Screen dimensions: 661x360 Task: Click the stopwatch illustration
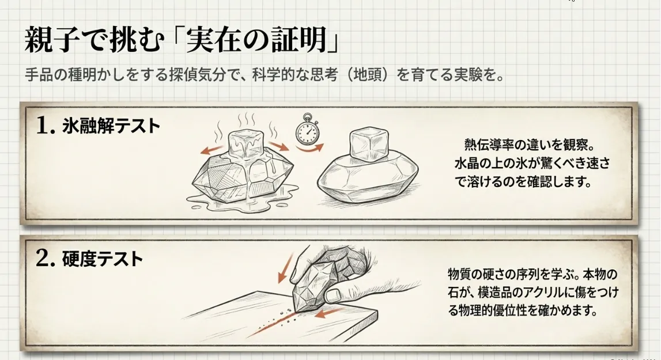307,128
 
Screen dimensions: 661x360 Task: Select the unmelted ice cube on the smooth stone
368,145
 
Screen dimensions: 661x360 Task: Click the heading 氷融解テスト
111,126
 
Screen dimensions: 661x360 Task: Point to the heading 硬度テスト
103,259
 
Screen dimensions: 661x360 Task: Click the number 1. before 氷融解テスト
46,126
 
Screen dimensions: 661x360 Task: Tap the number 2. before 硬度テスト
46,259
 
